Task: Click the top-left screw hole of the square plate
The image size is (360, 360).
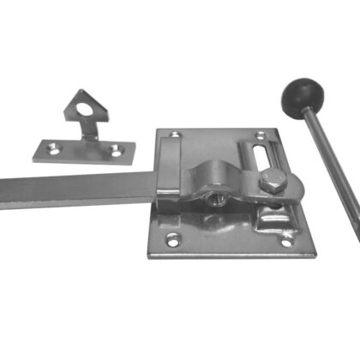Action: click(x=176, y=135)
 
